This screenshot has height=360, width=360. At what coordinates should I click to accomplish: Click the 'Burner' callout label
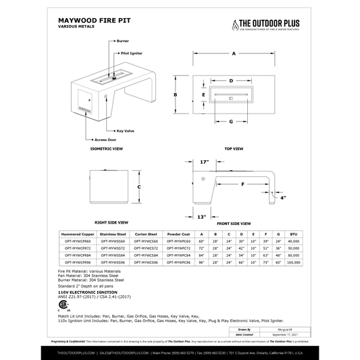click(122, 41)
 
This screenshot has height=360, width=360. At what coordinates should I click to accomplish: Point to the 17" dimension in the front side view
click(205, 162)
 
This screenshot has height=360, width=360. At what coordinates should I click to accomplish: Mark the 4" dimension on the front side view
click(284, 198)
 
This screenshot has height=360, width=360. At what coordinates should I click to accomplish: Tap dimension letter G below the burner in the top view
click(231, 122)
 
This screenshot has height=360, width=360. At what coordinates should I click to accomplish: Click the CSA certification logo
click(65, 303)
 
